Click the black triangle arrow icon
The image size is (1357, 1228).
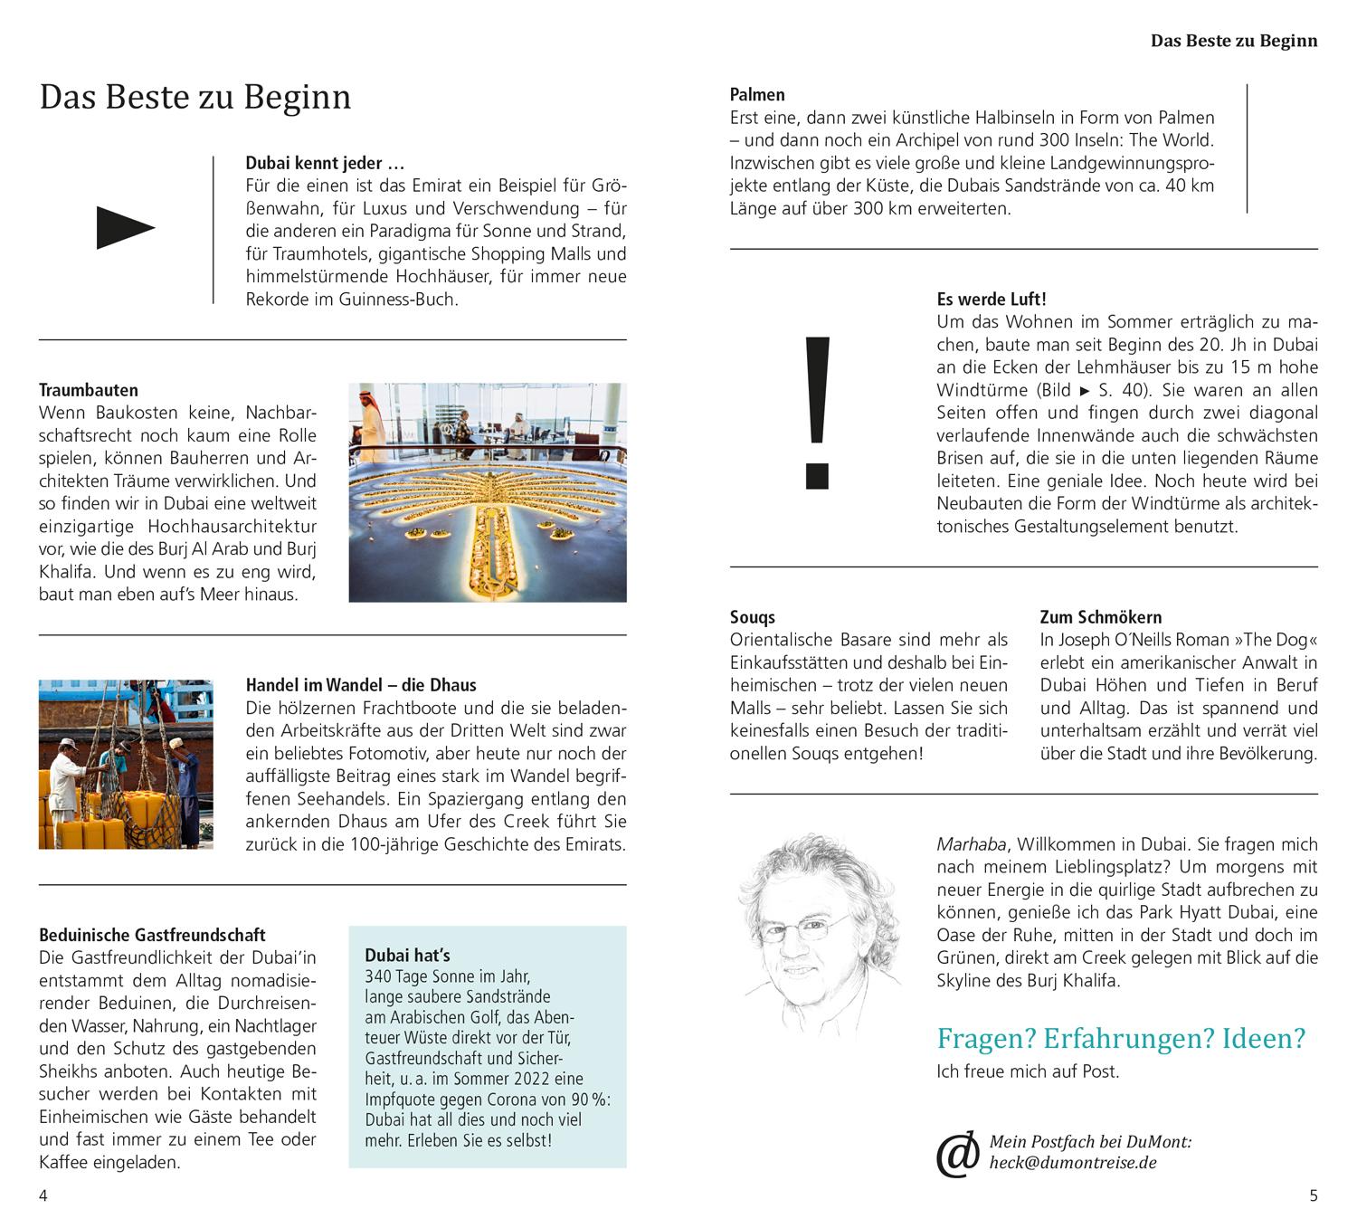tap(126, 227)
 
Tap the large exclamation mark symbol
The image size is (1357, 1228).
tap(817, 412)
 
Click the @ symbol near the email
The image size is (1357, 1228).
tap(957, 1154)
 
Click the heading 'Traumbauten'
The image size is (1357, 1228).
tap(89, 390)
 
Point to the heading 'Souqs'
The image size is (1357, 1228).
tap(753, 617)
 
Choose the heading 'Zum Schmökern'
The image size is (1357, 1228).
tap(1101, 617)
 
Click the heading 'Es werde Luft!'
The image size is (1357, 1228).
tap(992, 299)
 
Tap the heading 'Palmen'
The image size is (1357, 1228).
tap(757, 94)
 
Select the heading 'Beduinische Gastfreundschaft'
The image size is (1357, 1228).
tap(152, 935)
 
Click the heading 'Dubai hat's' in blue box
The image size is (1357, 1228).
tap(407, 955)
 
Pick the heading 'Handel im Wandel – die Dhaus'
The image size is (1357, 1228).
tap(361, 685)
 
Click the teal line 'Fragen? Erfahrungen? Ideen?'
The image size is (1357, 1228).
tap(1121, 1038)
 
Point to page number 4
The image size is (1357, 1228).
tap(43, 1195)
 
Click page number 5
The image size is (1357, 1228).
tap(1314, 1195)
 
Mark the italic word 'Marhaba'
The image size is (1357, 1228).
tap(971, 844)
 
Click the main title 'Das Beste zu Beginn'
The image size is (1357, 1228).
tap(195, 97)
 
